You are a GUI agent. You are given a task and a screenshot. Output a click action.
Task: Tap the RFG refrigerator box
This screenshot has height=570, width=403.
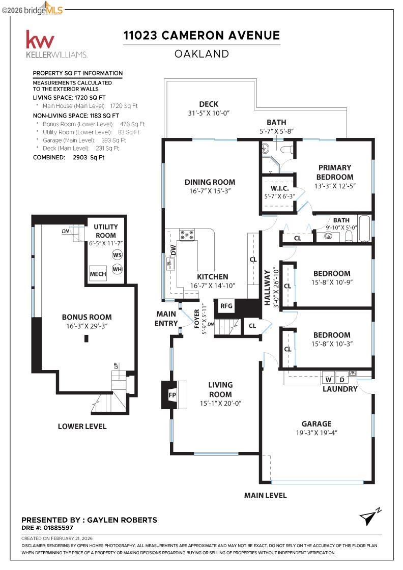pyautogui.click(x=226, y=306)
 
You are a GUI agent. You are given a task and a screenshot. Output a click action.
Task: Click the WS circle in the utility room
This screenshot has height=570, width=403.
pyautogui.click(x=117, y=255)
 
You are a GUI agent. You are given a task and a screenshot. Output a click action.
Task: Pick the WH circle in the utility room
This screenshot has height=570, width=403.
pyautogui.click(x=117, y=269)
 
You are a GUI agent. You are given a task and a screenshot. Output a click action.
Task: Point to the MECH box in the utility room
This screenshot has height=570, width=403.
pyautogui.click(x=98, y=274)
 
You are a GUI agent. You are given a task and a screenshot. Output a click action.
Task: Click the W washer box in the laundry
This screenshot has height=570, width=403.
pyautogui.click(x=328, y=380)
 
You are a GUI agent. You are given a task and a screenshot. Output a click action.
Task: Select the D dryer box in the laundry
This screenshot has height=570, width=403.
pyautogui.click(x=341, y=380)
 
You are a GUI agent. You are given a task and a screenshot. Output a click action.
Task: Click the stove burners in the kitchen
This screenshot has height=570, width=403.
pyautogui.click(x=187, y=235)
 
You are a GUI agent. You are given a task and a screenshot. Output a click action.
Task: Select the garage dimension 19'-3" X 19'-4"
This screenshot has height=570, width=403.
pyautogui.click(x=316, y=433)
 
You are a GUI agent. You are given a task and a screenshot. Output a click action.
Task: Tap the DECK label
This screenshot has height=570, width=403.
pyautogui.click(x=209, y=104)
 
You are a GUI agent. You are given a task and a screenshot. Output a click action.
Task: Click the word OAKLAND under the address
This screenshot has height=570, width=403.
pyautogui.click(x=201, y=54)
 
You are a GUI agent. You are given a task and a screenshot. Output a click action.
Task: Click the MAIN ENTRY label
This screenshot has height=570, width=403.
pyautogui.click(x=166, y=319)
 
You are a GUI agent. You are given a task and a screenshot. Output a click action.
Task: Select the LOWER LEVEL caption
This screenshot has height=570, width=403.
pyautogui.click(x=82, y=426)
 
